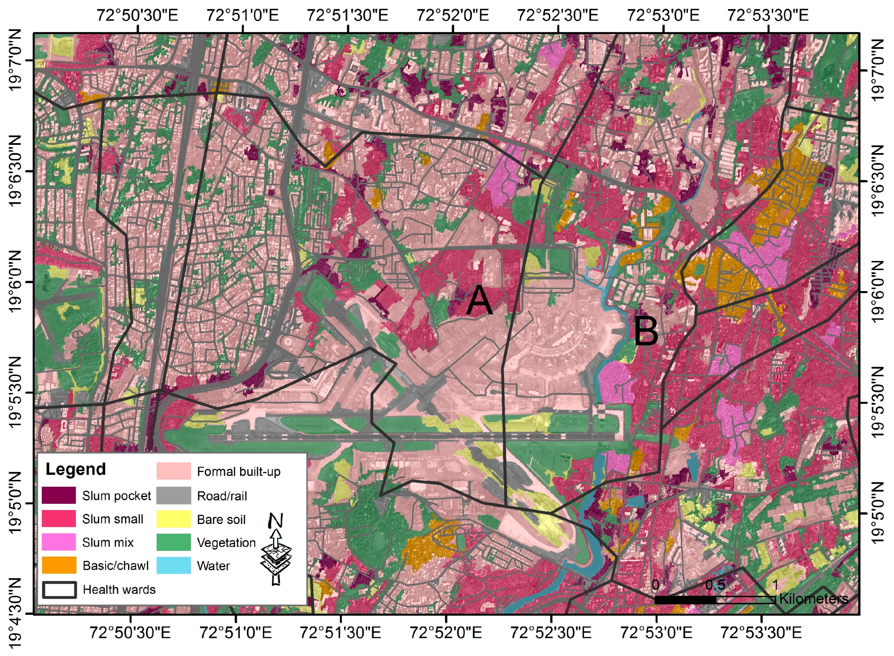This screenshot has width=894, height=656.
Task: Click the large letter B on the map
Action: (646, 330)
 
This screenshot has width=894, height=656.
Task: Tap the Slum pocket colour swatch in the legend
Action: (59, 495)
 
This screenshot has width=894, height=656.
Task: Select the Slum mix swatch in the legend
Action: (59, 542)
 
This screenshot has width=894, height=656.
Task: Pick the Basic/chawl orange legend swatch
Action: (59, 565)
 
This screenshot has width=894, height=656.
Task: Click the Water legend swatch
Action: (173, 565)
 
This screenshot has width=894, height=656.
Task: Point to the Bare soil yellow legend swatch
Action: (173, 519)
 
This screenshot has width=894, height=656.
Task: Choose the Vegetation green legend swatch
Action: (173, 542)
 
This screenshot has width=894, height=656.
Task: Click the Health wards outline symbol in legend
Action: (59, 590)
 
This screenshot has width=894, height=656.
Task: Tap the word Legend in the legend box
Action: (76, 469)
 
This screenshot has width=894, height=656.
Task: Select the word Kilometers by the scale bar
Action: (813, 598)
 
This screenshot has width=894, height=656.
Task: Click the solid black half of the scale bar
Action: (685, 600)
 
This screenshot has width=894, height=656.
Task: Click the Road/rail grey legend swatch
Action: (173, 496)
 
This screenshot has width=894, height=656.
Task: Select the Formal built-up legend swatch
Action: (173, 471)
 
